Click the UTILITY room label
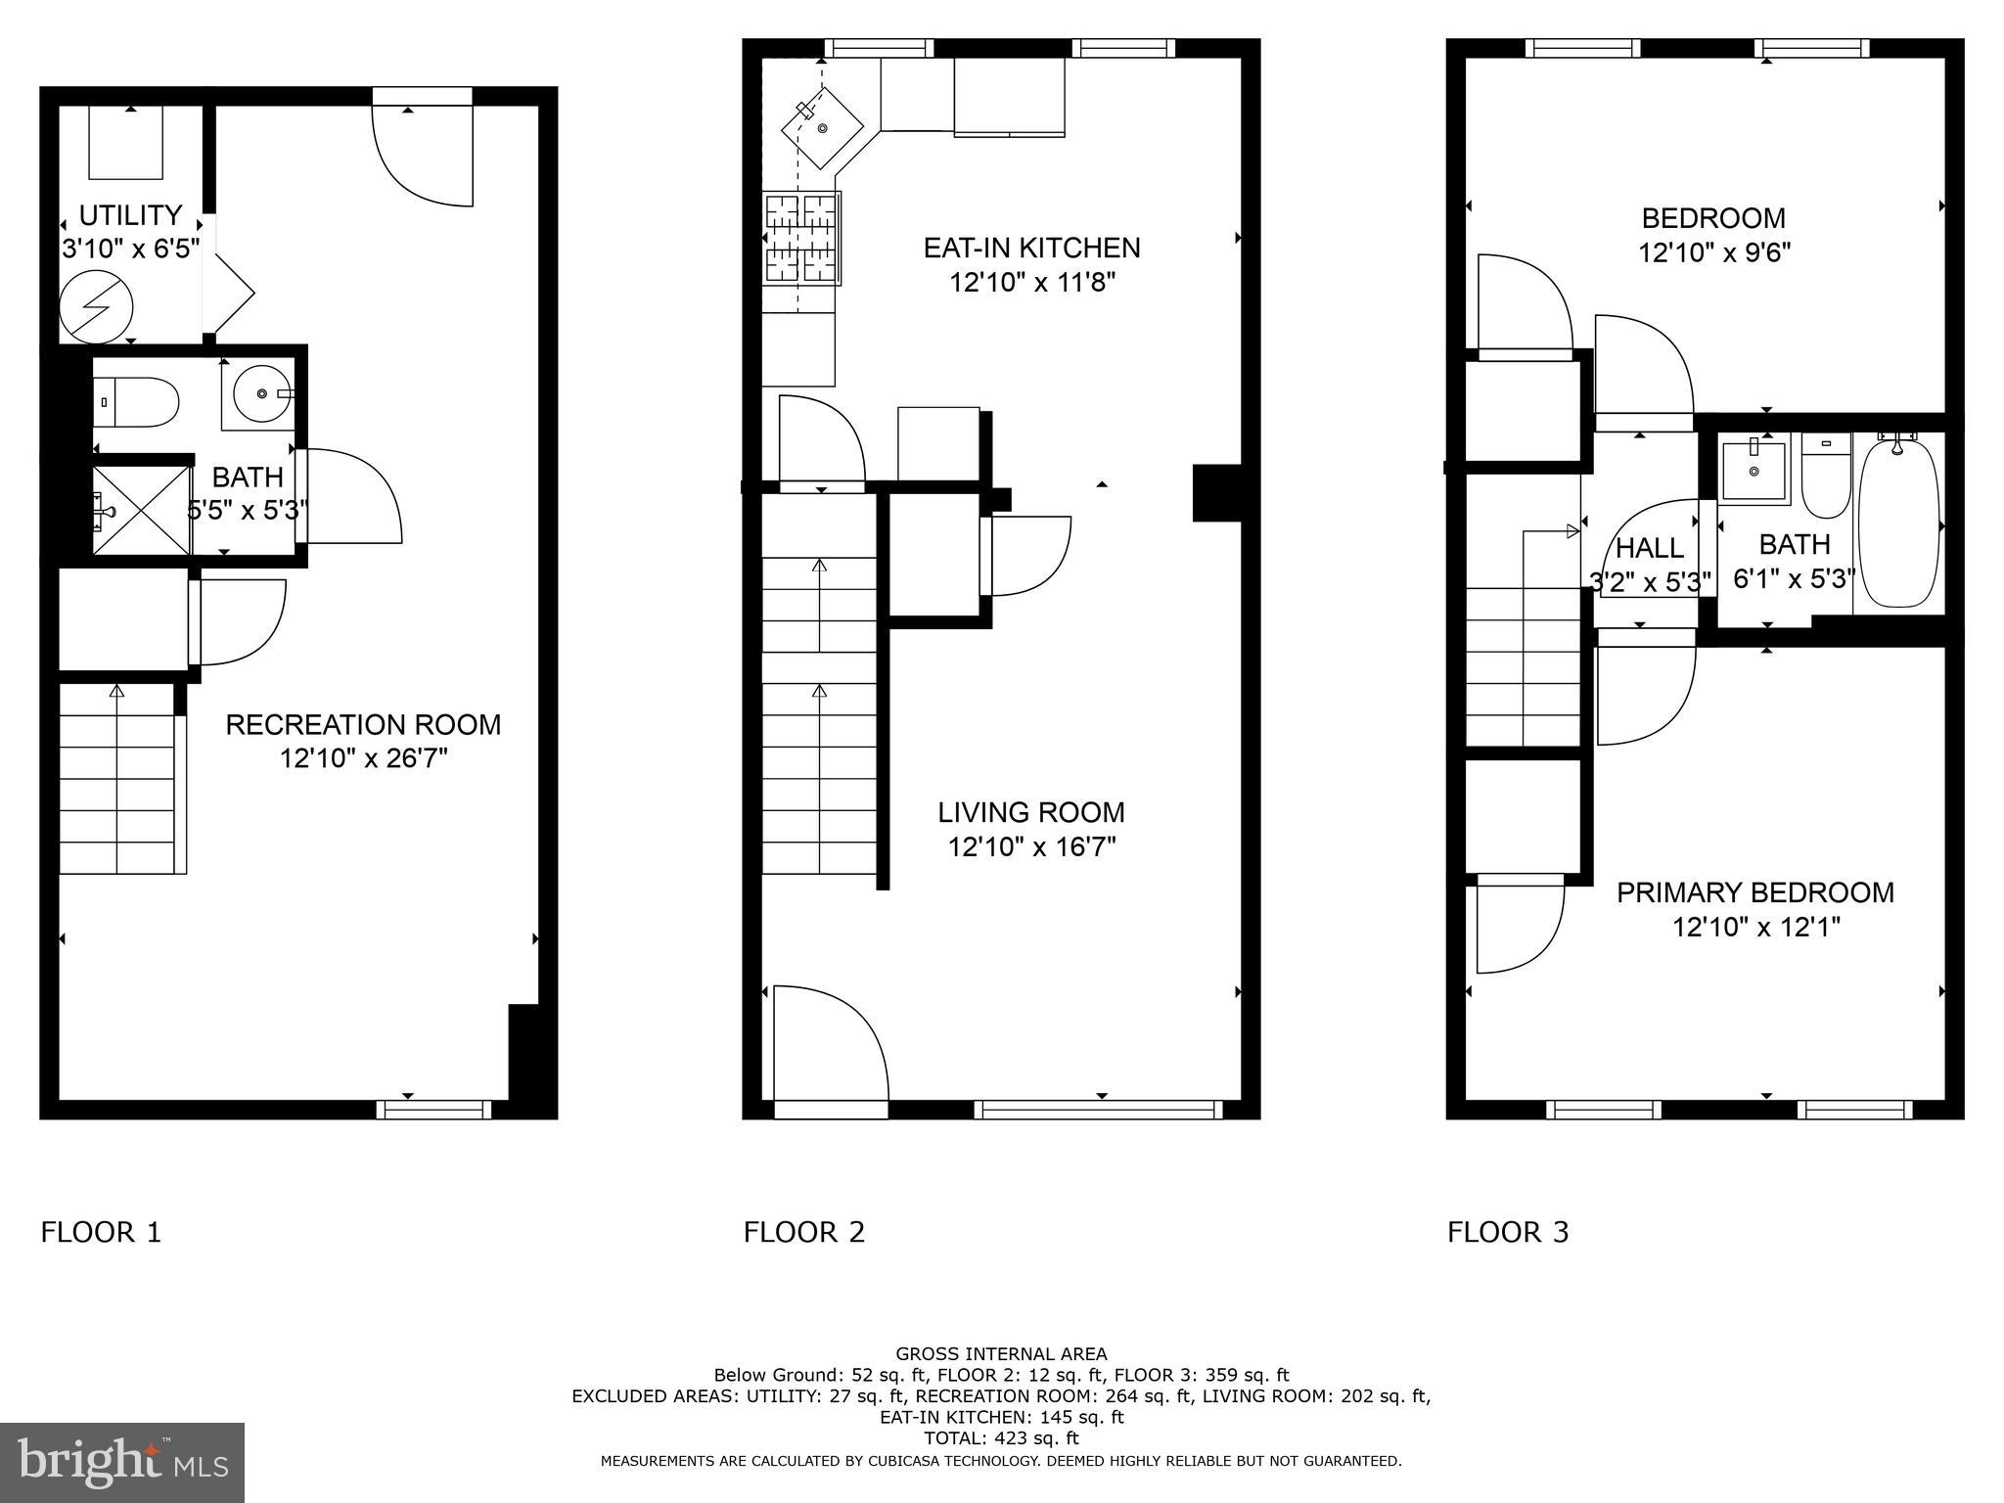tap(130, 215)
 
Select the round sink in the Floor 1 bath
tap(262, 393)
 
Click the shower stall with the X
tap(141, 510)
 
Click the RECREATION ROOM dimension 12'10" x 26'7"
tap(363, 758)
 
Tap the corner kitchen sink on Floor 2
tap(822, 128)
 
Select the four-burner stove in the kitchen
tap(801, 238)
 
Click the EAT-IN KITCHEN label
tap(1031, 248)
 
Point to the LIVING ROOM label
tap(1030, 812)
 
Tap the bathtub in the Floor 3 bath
tap(1897, 524)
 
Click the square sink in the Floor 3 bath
tap(1753, 471)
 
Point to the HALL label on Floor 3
tap(1650, 548)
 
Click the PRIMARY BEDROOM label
tap(1754, 892)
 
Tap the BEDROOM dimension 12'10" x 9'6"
tap(1714, 253)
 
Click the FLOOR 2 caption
tap(803, 1232)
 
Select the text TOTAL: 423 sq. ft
tap(1000, 1438)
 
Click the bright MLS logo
tap(121, 1462)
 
